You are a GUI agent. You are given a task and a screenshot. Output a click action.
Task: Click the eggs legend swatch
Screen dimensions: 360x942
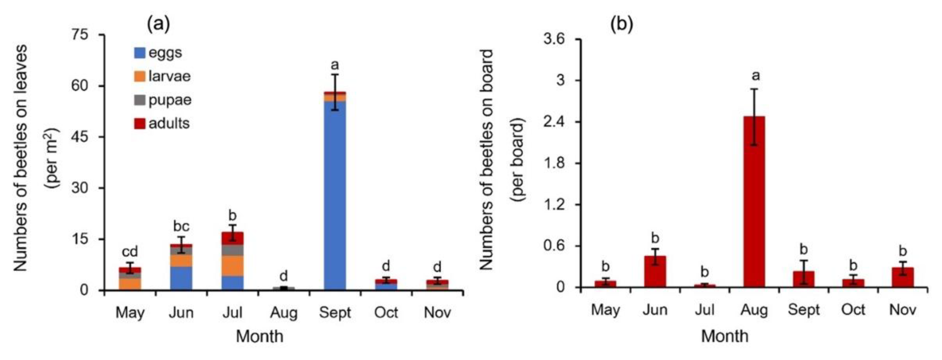click(x=140, y=53)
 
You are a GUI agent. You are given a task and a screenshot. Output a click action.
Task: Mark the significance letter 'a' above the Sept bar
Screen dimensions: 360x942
click(x=334, y=65)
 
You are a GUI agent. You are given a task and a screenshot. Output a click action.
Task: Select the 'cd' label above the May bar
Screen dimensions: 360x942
click(x=130, y=252)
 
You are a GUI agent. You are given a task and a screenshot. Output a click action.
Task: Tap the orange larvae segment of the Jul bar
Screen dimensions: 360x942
click(x=232, y=266)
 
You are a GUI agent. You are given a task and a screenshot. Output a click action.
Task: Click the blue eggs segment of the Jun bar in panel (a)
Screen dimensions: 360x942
click(x=181, y=278)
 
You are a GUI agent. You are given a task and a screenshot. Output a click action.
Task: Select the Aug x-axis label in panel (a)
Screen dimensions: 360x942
click(x=284, y=313)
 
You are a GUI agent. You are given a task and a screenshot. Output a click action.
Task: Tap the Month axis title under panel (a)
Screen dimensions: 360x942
click(x=259, y=336)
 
